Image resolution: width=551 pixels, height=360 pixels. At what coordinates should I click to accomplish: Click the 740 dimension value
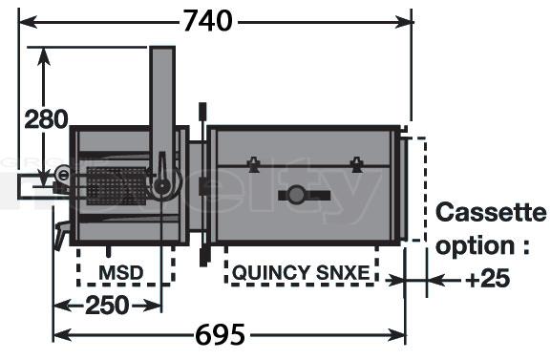click(207, 21)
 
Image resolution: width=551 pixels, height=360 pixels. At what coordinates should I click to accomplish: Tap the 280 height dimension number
click(46, 118)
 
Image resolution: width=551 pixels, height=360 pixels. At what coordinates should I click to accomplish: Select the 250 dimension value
click(107, 306)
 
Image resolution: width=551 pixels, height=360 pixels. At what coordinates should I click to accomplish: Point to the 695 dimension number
click(220, 334)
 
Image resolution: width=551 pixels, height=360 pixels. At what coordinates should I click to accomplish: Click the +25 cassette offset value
click(488, 279)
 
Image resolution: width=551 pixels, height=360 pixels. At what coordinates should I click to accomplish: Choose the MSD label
click(121, 273)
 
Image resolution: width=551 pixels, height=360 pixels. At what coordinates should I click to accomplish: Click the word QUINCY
click(271, 273)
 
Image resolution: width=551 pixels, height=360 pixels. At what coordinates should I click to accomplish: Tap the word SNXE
click(343, 273)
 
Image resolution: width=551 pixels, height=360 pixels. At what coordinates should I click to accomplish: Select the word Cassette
click(491, 212)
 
